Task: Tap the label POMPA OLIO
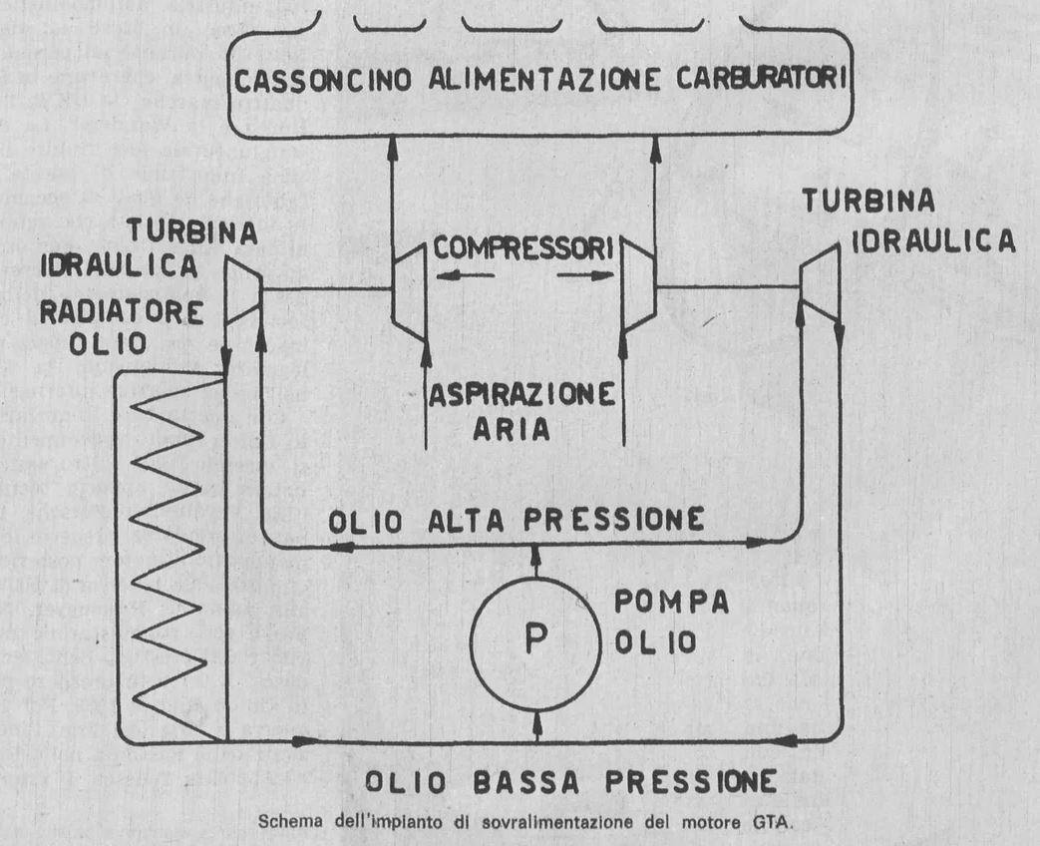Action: [657, 621]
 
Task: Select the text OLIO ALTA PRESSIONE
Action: [520, 520]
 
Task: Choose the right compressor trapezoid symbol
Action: [636, 289]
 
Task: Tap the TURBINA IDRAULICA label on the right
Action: [908, 221]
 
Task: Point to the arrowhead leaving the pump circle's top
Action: [536, 550]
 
